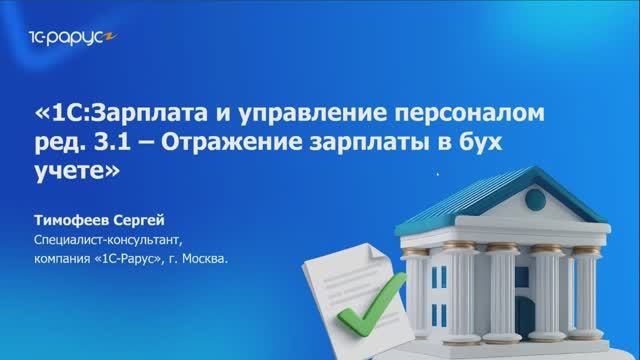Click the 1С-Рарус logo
(63, 39)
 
